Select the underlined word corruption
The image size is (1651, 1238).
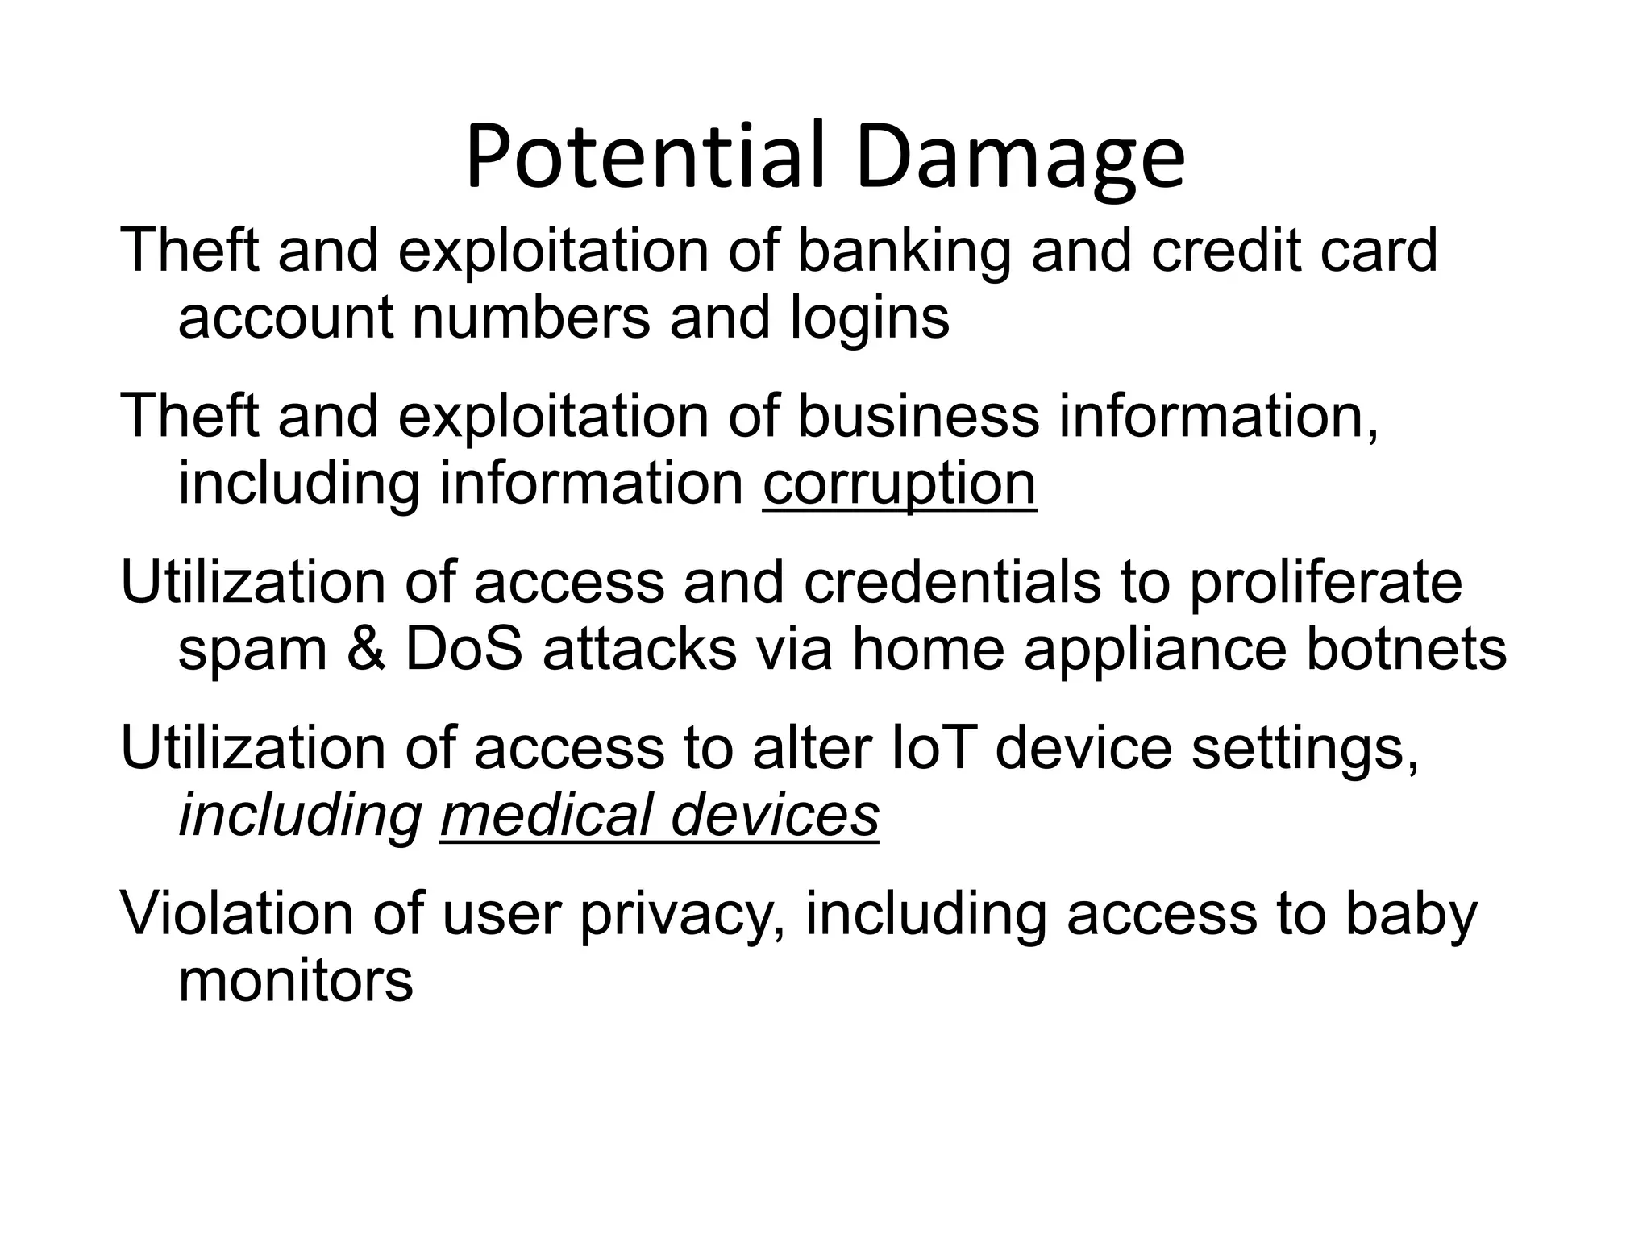899,483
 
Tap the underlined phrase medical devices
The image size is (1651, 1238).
659,815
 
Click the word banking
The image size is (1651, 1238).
904,251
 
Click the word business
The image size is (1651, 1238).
918,417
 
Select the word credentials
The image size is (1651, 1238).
952,582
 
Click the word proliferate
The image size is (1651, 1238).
1325,584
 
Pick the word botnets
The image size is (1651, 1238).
1406,650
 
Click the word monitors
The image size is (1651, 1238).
295,981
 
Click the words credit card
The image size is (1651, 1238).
1294,251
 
